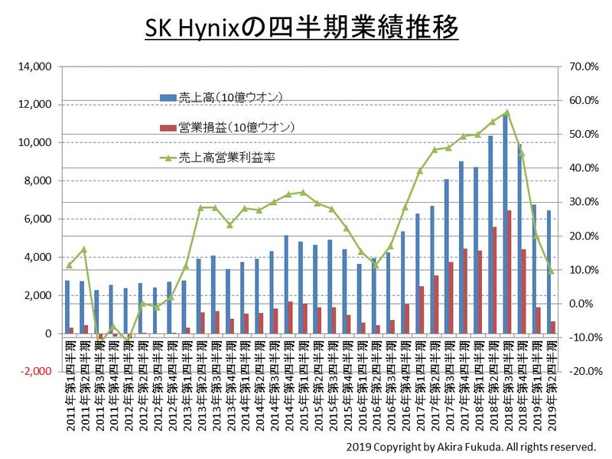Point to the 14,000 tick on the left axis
35,67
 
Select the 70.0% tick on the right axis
580,67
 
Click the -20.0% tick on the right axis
578,372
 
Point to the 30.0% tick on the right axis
580,202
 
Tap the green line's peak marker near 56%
507,112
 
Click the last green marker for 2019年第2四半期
552,271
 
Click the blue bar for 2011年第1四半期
67,307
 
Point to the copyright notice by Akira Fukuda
470,445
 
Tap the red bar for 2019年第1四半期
540,321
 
